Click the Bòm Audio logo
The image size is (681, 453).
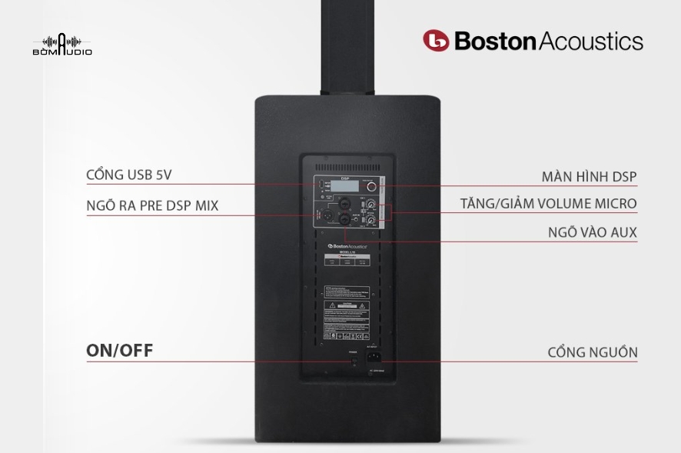pos(62,44)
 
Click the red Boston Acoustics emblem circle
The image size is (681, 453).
pos(436,41)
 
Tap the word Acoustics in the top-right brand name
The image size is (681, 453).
pos(592,40)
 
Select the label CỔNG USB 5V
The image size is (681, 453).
pos(129,175)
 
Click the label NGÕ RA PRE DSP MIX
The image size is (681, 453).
pos(152,206)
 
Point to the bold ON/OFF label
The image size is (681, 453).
pos(119,351)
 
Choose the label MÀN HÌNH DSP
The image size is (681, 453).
pos(589,176)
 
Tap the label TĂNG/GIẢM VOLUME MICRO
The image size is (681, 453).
pos(548,204)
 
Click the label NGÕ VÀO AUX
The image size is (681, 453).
pos(593,231)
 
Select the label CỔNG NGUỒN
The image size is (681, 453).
pos(593,352)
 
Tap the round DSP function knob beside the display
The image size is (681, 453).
pos(371,187)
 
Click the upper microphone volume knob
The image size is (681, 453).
pos(371,205)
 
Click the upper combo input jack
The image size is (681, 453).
pos(345,205)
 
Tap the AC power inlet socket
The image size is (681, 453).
pos(377,355)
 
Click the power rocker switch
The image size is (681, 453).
pos(354,357)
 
